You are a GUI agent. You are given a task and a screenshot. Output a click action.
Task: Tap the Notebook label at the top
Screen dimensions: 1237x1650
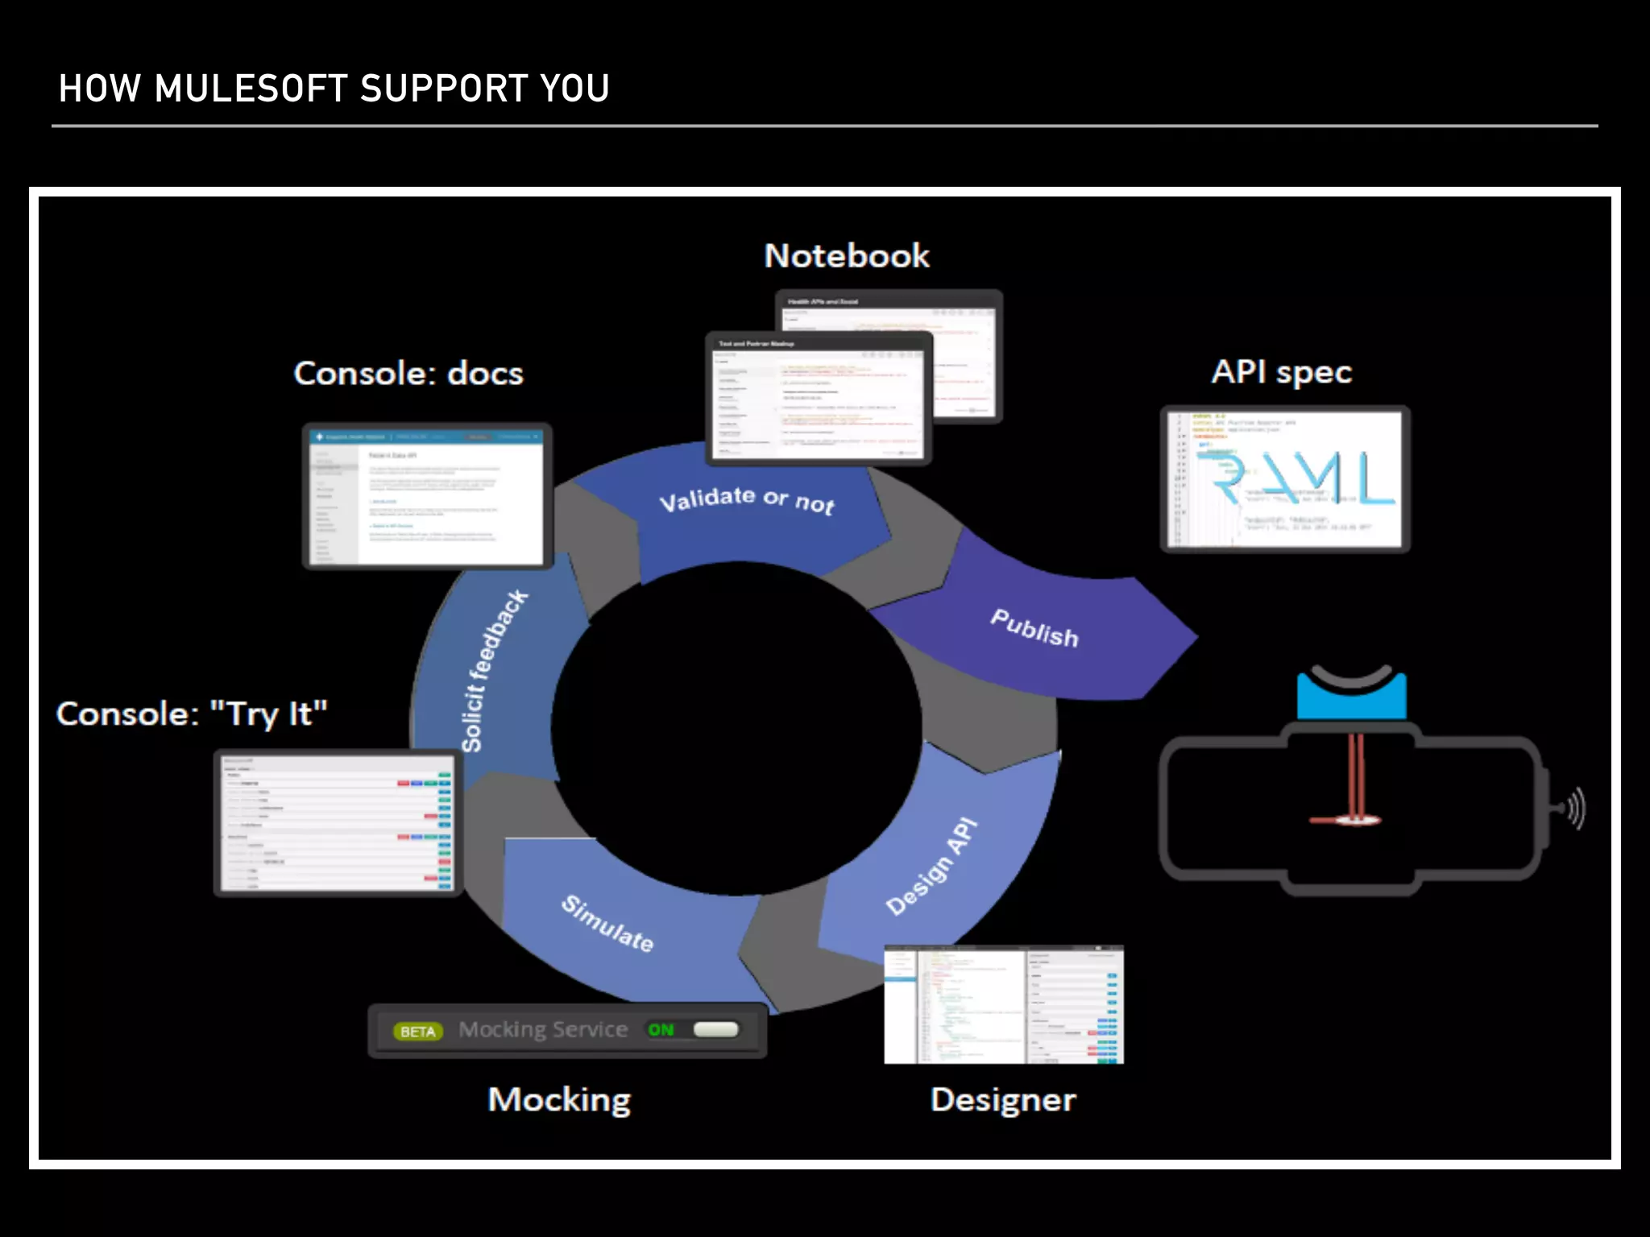[846, 256]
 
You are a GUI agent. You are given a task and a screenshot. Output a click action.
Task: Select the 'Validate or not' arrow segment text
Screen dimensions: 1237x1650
[747, 500]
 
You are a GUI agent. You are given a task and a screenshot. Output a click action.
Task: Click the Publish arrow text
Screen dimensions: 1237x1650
[1034, 627]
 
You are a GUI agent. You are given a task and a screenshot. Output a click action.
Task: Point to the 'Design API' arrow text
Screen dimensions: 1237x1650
[931, 867]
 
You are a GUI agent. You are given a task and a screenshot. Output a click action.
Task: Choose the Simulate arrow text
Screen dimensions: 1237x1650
[607, 923]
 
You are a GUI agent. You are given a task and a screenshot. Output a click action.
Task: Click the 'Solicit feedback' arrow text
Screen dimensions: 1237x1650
[493, 671]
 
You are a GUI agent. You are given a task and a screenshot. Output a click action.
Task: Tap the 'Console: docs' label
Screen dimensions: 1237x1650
[408, 374]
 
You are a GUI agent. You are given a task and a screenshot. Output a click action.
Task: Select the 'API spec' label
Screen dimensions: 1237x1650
[1281, 372]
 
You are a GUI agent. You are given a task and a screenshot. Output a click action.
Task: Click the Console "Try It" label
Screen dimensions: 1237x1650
[192, 714]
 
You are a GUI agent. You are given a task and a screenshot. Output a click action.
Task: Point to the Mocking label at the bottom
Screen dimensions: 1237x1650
[559, 1099]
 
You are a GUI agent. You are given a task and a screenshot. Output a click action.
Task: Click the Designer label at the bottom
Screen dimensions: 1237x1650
[1002, 1099]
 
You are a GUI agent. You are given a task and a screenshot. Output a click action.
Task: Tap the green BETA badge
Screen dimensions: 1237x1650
[417, 1032]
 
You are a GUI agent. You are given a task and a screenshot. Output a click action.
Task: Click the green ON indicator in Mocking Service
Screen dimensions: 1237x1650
[661, 1030]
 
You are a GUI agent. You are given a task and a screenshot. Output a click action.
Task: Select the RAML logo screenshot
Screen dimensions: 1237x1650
[1284, 479]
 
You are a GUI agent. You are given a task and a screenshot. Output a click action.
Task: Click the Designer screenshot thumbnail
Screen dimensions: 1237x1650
[1003, 1005]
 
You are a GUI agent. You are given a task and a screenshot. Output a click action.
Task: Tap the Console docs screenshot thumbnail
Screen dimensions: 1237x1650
[427, 496]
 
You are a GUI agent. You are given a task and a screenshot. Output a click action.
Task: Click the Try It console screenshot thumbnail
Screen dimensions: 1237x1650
[338, 822]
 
